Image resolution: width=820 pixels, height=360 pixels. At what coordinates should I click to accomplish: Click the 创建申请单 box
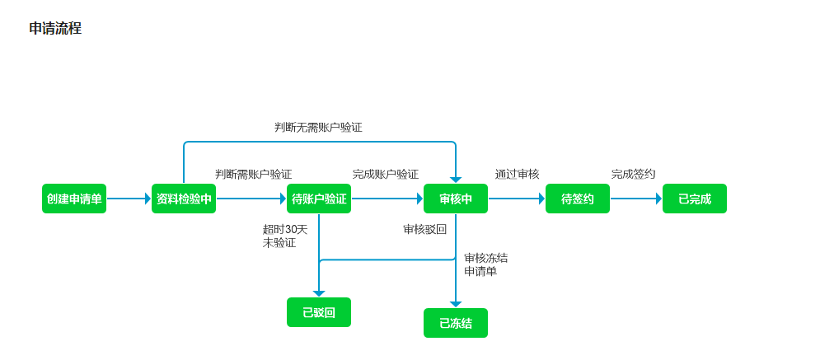[x=74, y=199]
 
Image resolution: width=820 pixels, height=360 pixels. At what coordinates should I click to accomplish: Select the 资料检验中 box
[x=184, y=199]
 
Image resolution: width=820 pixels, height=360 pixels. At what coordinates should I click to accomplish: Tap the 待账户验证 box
[x=319, y=199]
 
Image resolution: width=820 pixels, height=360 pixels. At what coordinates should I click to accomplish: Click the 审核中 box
[x=456, y=199]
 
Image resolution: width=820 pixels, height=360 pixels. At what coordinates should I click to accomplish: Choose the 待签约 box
[x=578, y=199]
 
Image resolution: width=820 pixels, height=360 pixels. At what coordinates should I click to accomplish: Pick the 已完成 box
[x=695, y=199]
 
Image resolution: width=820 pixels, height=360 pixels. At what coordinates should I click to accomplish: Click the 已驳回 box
[x=319, y=312]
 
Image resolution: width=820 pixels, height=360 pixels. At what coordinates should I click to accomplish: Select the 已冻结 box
[x=456, y=323]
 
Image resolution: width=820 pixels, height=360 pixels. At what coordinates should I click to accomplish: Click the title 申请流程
[x=55, y=29]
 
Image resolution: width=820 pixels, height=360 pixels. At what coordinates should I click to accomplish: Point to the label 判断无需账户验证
[x=318, y=128]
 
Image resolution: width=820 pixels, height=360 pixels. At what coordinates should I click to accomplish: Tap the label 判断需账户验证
[x=253, y=175]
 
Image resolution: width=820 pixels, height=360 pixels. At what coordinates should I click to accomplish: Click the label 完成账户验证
[x=385, y=175]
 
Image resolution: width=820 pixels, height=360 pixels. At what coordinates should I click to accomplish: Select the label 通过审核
[x=517, y=175]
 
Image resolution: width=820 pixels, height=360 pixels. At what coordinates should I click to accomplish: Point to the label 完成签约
[x=633, y=175]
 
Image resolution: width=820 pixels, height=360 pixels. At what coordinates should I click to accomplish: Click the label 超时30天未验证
[x=284, y=236]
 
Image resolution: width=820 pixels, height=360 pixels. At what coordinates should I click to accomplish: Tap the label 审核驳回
[x=424, y=230]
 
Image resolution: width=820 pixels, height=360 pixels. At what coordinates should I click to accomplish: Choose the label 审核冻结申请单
[x=485, y=264]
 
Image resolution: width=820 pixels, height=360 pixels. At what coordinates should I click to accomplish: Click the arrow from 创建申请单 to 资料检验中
[x=129, y=199]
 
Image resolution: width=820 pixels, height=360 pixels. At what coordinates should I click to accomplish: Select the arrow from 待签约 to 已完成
[x=635, y=199]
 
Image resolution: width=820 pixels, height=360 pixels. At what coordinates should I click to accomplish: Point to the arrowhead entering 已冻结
[x=456, y=304]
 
